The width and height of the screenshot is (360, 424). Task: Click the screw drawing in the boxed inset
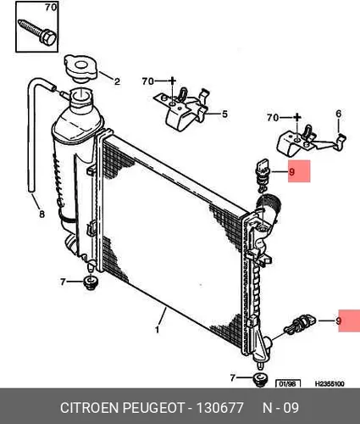[x=37, y=31]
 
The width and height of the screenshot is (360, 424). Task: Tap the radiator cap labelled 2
[x=81, y=69]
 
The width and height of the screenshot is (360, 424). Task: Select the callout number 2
[x=117, y=81]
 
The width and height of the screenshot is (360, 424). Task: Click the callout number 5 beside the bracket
[x=224, y=114]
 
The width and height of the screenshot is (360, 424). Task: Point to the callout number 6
[x=339, y=114]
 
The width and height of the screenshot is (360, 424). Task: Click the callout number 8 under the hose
[x=42, y=215]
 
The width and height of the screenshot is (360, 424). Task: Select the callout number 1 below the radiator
[x=157, y=330]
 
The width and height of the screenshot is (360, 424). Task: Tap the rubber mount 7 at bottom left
[x=91, y=283]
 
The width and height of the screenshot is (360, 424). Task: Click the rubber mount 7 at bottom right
[x=260, y=379]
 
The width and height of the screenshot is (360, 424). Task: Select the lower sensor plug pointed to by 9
[x=301, y=323]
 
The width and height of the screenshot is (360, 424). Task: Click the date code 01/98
[x=287, y=384]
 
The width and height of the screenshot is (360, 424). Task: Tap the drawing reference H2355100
[x=330, y=384]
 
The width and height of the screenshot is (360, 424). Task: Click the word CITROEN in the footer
[x=89, y=408]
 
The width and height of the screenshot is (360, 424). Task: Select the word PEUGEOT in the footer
[x=153, y=408]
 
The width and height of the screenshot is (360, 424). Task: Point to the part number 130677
[x=219, y=408]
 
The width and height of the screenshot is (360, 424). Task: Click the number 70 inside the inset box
[x=51, y=8]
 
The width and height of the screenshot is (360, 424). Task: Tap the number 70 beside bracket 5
[x=148, y=81]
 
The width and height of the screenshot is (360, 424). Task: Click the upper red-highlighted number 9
[x=292, y=171]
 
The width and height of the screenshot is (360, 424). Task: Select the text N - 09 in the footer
[x=280, y=408]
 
